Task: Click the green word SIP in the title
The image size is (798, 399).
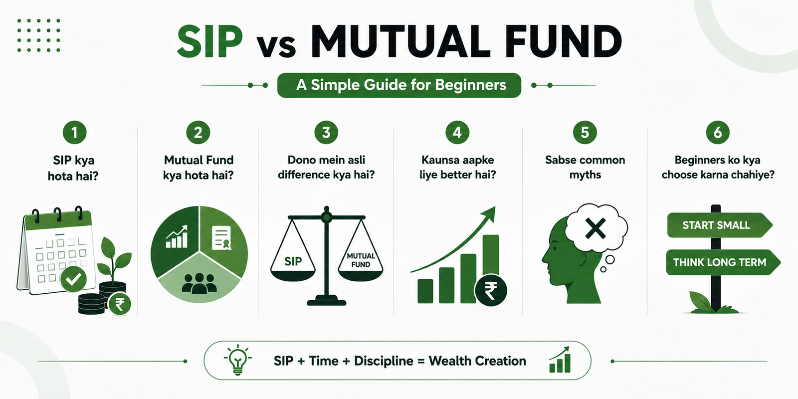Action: (210, 41)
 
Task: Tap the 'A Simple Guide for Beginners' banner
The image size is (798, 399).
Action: (399, 85)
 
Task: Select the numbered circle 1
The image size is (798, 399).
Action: (74, 133)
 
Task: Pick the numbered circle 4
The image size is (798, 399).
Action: (457, 133)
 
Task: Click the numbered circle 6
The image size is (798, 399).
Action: (718, 133)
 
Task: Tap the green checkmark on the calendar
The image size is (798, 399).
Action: (73, 279)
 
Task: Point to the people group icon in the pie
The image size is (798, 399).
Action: (199, 284)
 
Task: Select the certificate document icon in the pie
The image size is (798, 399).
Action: (221, 237)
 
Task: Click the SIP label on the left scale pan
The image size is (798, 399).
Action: (293, 261)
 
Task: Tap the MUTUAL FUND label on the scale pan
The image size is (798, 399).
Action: (361, 260)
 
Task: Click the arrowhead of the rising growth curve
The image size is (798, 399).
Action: (489, 214)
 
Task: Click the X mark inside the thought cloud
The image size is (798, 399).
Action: (596, 228)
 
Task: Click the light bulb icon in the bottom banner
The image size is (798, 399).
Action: (238, 360)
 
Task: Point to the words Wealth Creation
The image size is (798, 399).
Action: (477, 361)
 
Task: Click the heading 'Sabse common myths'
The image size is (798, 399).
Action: (585, 168)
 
